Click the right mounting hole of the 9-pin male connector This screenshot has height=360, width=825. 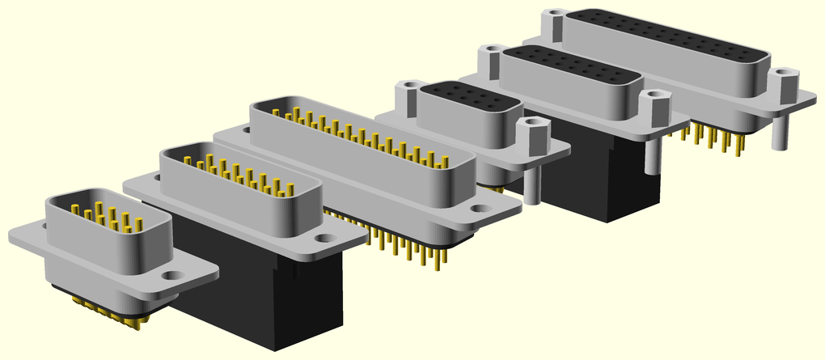(x=171, y=275)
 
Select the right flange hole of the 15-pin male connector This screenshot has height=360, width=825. (x=324, y=239)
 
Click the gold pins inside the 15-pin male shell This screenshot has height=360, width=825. (x=235, y=174)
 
